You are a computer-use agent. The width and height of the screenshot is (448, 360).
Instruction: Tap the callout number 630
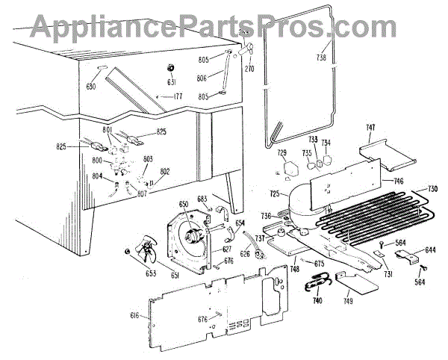92,87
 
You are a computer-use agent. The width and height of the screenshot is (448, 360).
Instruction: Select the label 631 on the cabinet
171,82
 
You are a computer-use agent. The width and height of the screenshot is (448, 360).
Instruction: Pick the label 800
96,160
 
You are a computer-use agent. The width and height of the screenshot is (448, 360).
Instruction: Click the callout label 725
275,194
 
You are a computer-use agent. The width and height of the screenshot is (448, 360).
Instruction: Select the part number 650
183,204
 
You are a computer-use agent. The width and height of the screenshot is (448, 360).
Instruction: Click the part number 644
431,250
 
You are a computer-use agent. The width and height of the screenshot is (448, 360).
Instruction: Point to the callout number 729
281,154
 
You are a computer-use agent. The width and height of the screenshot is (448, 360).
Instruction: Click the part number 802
164,172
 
